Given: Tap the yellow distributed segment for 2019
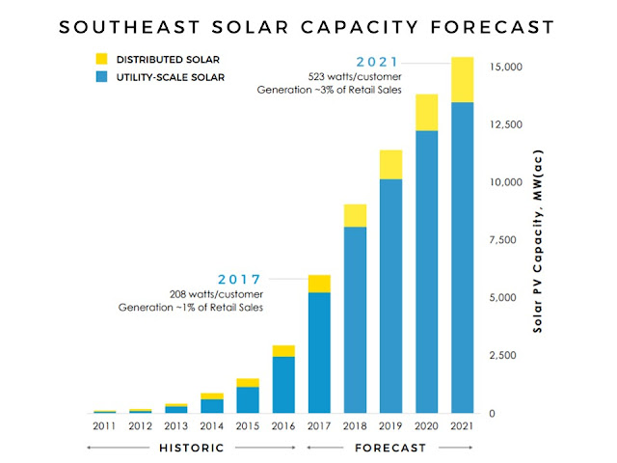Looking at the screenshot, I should pos(390,165).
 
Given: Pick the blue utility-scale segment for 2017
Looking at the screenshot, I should pos(319,352).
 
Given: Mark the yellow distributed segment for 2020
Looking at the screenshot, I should pos(427,112).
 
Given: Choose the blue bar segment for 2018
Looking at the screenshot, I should pos(355,319).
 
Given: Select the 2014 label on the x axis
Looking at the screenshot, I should pos(211,425).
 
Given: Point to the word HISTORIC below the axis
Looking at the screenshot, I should pos(192,448).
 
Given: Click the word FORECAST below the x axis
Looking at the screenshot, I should pos(390,448).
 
